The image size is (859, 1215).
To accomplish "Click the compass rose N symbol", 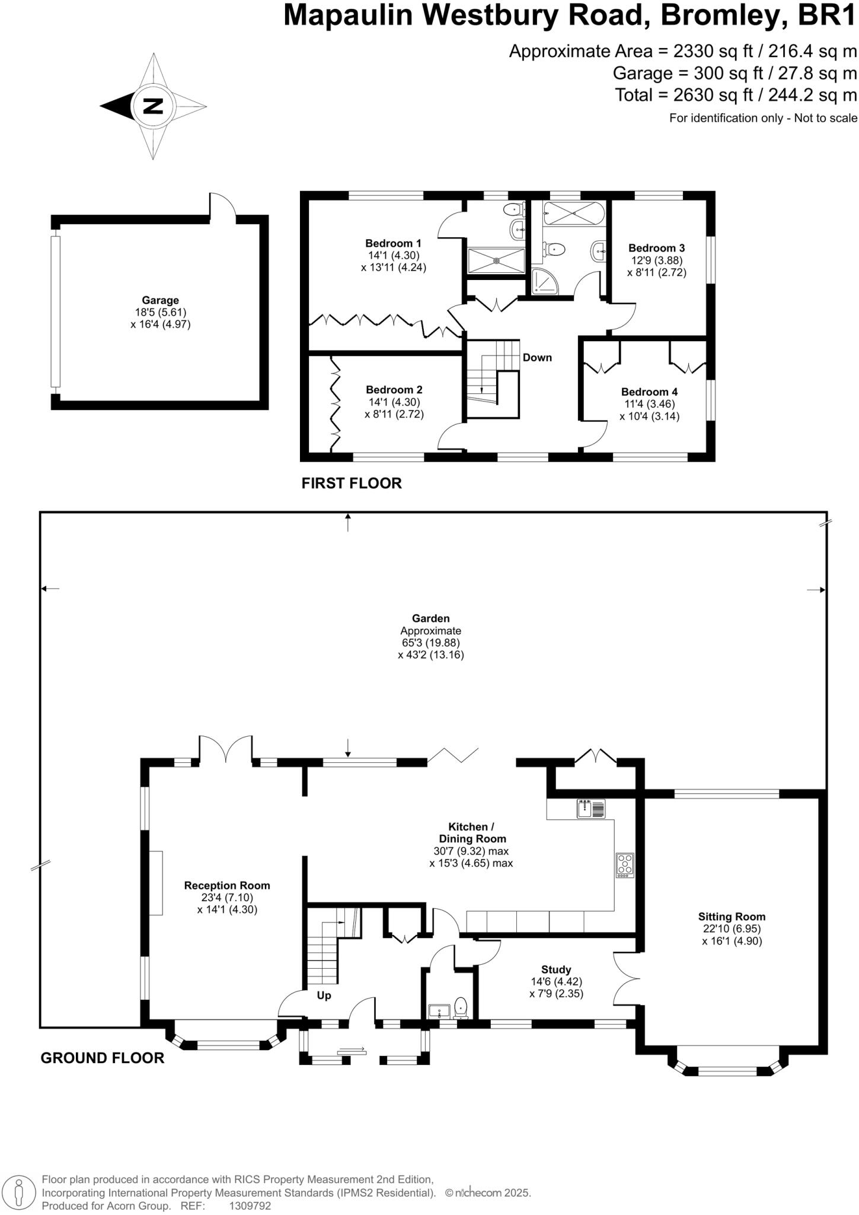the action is (153, 107).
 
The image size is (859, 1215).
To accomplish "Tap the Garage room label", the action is (160, 300).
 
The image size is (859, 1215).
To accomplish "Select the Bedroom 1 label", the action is (393, 243).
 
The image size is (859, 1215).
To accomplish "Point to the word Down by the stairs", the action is (537, 358).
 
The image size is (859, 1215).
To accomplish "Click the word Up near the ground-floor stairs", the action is (324, 996).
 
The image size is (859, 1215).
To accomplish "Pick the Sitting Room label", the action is (732, 917).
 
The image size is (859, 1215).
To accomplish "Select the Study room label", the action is (556, 969).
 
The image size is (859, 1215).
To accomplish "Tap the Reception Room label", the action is (227, 885).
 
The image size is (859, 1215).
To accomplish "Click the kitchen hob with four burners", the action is (625, 865).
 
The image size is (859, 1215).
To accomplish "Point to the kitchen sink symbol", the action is (591, 809).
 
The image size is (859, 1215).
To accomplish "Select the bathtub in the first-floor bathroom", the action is (574, 214).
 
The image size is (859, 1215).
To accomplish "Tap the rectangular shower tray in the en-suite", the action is (497, 260).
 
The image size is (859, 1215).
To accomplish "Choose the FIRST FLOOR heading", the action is (352, 484).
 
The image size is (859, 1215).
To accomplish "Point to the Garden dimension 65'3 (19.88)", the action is (431, 643).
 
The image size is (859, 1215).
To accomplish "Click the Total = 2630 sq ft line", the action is (736, 95).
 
